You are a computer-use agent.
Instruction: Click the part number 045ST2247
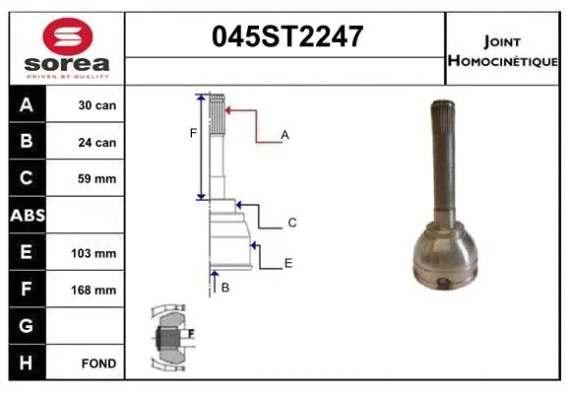(x=287, y=37)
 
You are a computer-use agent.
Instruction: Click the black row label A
(x=27, y=105)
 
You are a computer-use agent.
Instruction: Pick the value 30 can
(x=97, y=105)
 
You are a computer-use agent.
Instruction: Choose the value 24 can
(x=97, y=143)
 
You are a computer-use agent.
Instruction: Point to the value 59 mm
(x=97, y=179)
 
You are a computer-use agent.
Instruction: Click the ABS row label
(x=27, y=216)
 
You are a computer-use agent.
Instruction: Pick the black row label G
(x=27, y=326)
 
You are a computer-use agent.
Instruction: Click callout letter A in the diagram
(x=285, y=134)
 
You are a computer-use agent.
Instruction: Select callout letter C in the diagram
(x=291, y=224)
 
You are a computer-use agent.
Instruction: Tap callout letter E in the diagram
(x=288, y=263)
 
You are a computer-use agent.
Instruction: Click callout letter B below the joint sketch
(x=225, y=288)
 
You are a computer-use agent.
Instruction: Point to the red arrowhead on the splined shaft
(x=228, y=112)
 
